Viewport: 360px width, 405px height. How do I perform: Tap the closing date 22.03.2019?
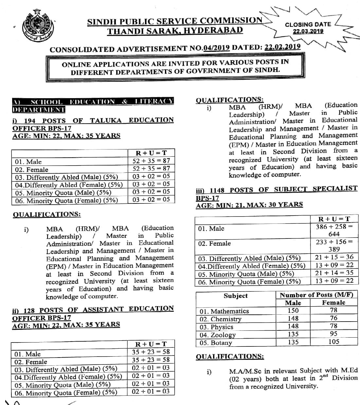308,31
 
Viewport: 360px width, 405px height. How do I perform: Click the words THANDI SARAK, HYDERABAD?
175,31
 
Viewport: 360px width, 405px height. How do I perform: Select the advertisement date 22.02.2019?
282,47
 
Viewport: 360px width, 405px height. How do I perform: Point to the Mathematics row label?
224,311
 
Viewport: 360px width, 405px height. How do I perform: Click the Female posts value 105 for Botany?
333,342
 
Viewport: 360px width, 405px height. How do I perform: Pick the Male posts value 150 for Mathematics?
293,310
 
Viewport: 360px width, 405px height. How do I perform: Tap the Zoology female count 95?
333,334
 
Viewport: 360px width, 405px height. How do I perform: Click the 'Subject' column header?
236,296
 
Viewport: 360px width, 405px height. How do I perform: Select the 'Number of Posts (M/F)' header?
316,295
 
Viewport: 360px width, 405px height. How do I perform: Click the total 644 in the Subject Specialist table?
334,234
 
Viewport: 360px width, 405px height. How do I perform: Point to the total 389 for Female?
334,249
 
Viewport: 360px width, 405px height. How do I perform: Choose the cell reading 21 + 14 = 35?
334,273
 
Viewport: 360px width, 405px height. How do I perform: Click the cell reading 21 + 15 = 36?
334,257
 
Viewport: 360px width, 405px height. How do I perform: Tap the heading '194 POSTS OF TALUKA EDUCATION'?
93,120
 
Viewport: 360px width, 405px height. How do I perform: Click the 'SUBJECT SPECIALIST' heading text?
315,189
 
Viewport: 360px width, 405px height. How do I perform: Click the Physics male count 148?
293,326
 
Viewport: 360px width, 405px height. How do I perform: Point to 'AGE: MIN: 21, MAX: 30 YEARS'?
249,205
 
